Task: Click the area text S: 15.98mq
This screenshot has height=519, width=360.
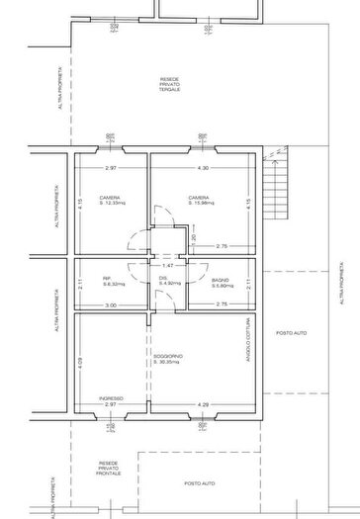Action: (x=204, y=203)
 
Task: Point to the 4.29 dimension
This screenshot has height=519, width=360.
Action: (x=202, y=404)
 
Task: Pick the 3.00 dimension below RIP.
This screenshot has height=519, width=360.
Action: (x=112, y=305)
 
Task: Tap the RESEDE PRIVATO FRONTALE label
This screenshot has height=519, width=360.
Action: (x=109, y=468)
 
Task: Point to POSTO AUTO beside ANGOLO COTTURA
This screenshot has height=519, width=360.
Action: (x=291, y=333)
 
